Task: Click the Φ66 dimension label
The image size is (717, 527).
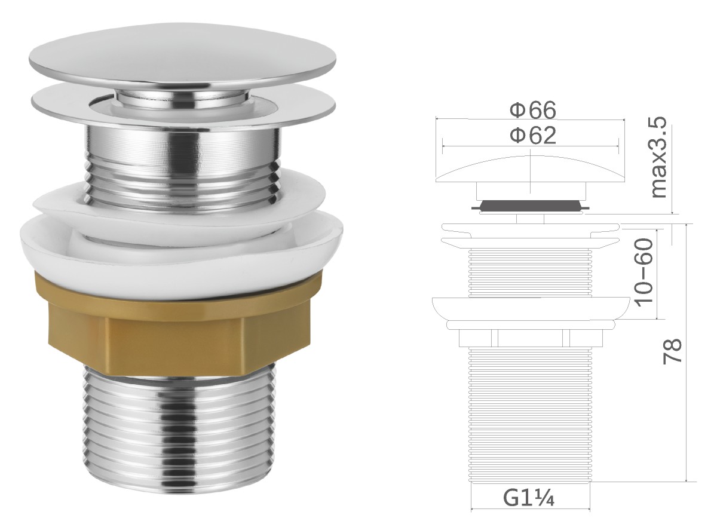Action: click(533, 110)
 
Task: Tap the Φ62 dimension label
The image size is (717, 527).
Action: click(533, 135)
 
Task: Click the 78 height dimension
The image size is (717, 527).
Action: click(672, 351)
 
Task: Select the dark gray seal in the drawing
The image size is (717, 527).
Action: click(530, 205)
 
